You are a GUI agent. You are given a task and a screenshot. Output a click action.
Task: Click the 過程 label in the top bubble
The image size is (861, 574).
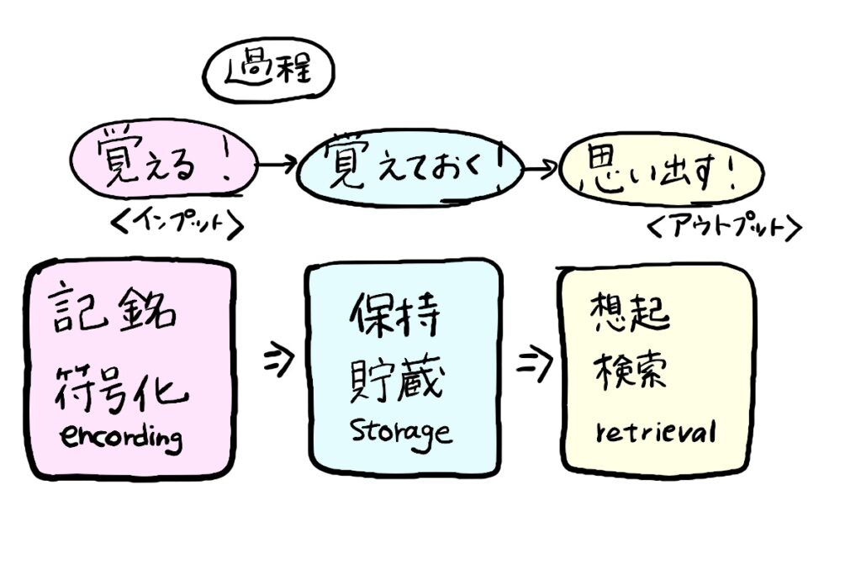(267, 71)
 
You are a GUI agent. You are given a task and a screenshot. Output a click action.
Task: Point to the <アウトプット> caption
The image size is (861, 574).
(722, 227)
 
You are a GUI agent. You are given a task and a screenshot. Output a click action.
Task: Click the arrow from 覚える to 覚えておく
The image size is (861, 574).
(275, 164)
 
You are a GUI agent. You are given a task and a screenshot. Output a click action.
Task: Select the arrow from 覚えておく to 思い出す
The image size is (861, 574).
(540, 169)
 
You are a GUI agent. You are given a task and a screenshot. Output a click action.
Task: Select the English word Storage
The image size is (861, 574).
(401, 432)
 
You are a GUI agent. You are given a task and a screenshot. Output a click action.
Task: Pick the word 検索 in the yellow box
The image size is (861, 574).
(632, 370)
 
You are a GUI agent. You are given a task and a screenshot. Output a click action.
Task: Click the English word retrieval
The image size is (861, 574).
(656, 432)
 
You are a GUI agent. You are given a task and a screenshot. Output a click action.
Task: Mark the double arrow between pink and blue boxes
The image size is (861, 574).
(277, 361)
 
